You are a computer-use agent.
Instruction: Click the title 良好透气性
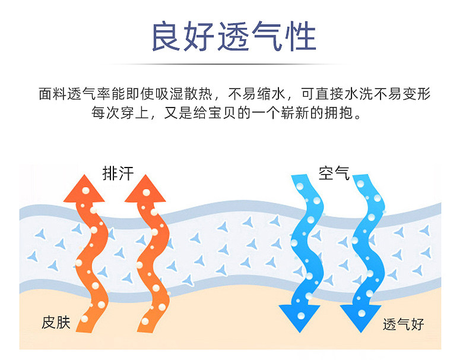(x=234, y=36)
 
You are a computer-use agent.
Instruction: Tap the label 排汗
(x=118, y=173)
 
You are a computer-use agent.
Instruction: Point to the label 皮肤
(x=56, y=323)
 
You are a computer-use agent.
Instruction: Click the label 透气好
(x=404, y=324)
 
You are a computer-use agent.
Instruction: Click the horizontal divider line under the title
(x=234, y=64)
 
